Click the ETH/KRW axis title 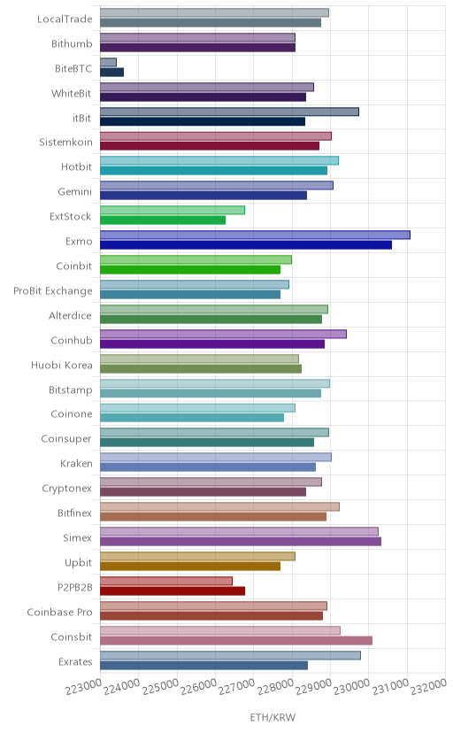click(x=273, y=717)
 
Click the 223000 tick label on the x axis click(x=83, y=686)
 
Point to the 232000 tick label click(x=429, y=686)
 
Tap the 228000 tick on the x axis click(x=275, y=686)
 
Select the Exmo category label click(x=79, y=241)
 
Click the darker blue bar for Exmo click(x=246, y=245)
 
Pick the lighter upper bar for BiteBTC click(x=108, y=62)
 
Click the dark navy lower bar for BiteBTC click(x=111, y=72)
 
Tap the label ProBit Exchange click(x=53, y=290)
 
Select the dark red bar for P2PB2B click(x=173, y=590)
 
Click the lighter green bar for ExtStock click(x=173, y=211)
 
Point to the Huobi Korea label click(x=62, y=365)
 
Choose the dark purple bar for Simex click(x=241, y=541)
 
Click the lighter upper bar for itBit click(x=229, y=112)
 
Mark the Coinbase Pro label click(x=60, y=612)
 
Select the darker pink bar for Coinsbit click(x=236, y=640)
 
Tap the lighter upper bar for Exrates click(x=230, y=655)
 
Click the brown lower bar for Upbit click(x=190, y=566)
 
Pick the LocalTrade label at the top click(x=65, y=19)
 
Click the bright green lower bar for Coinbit click(x=190, y=270)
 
